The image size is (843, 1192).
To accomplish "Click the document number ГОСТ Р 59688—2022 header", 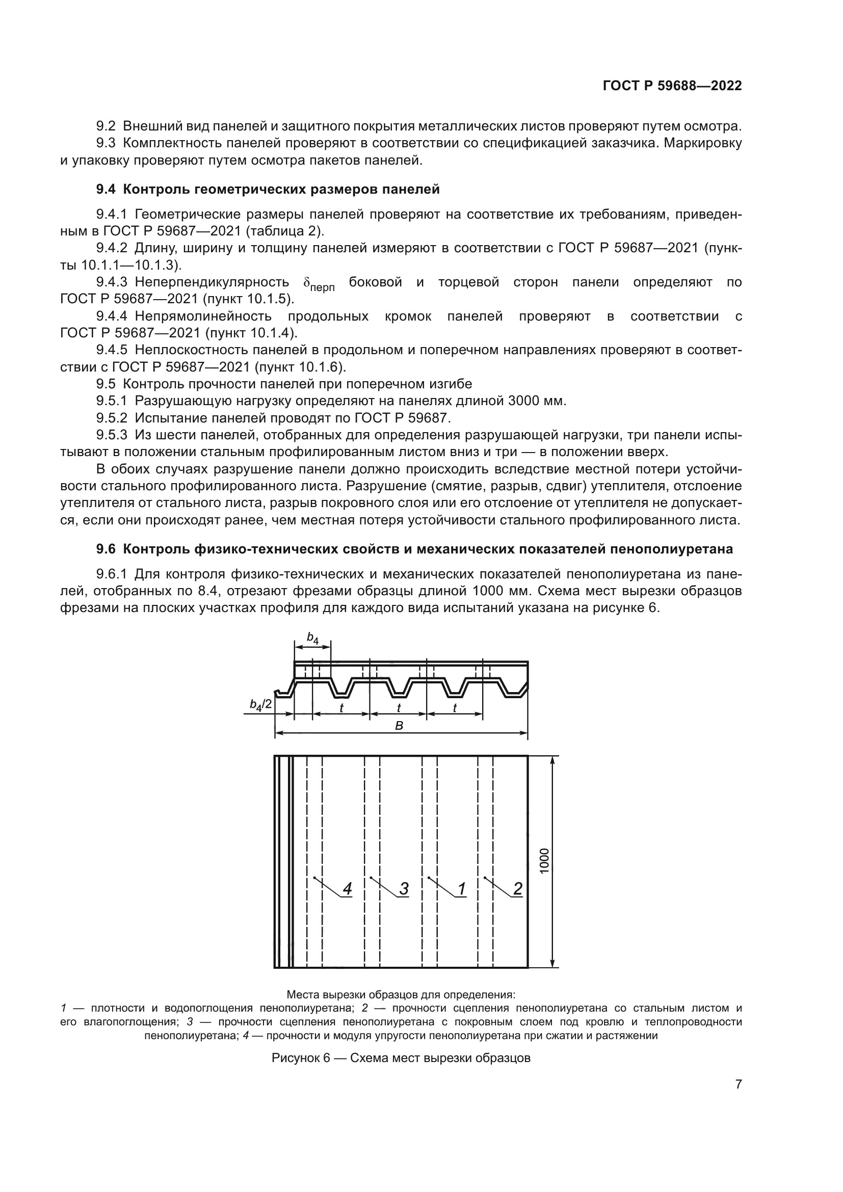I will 672,86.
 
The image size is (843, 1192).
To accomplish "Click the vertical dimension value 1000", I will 544,860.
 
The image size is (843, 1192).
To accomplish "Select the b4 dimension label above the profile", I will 312,638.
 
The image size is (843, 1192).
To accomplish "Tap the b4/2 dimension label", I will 260,704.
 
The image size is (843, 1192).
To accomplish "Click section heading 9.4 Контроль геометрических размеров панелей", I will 268,190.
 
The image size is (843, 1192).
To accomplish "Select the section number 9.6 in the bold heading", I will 106,549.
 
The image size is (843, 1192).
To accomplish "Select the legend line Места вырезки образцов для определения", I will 401,995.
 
